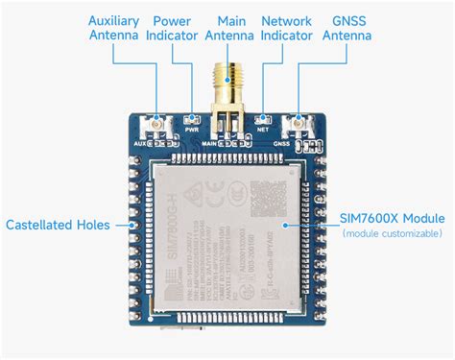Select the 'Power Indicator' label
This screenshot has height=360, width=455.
[172, 28]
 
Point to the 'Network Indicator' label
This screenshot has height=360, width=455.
[287, 28]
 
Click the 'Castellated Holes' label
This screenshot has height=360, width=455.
[56, 226]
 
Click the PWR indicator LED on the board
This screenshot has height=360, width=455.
[191, 119]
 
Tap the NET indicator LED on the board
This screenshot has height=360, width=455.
[261, 119]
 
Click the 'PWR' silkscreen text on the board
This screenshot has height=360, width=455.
[191, 129]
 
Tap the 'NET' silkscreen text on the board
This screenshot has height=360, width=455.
[261, 129]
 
